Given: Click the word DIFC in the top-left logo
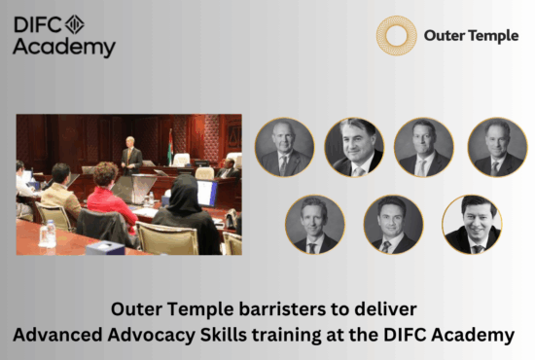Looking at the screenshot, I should click(x=36, y=24).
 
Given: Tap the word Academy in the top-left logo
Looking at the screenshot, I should click(x=64, y=47).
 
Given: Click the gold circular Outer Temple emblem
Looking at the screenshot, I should click(x=396, y=35).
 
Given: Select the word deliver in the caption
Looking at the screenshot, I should click(x=388, y=311).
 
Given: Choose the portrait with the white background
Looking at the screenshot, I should click(x=471, y=225).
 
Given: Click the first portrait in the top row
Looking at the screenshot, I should click(x=284, y=148).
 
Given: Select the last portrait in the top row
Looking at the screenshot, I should click(x=496, y=148).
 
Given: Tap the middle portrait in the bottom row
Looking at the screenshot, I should click(x=391, y=225).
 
